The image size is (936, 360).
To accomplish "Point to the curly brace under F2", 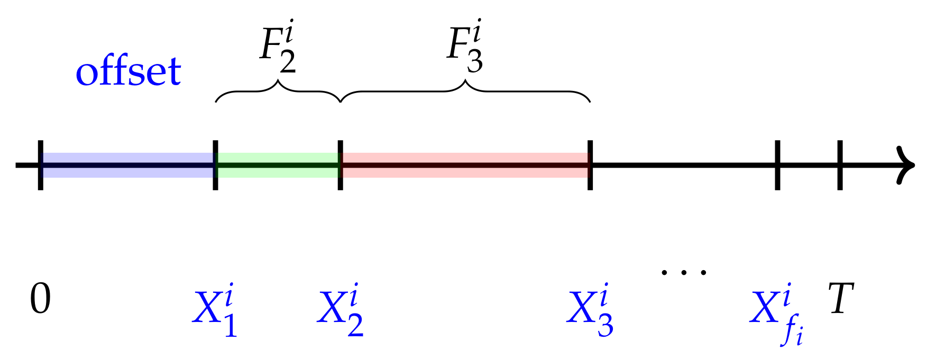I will tap(278, 91).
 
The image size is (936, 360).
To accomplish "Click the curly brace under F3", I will tap(465, 91).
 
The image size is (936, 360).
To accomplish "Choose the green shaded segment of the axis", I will tap(278, 165).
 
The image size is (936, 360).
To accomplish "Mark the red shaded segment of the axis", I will tap(465, 165).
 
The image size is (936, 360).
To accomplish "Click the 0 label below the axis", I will tap(40, 299).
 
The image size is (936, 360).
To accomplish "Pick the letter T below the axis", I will tap(841, 299).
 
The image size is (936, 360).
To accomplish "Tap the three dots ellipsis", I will tap(684, 273).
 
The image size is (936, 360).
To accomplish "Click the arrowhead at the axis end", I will tap(906, 165).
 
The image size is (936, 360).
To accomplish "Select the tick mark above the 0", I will tap(41, 165).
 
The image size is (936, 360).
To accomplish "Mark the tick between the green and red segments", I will tap(340, 165).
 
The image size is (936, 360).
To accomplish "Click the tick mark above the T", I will tap(840, 165).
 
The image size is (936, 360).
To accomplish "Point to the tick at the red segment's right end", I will tap(590, 165).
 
